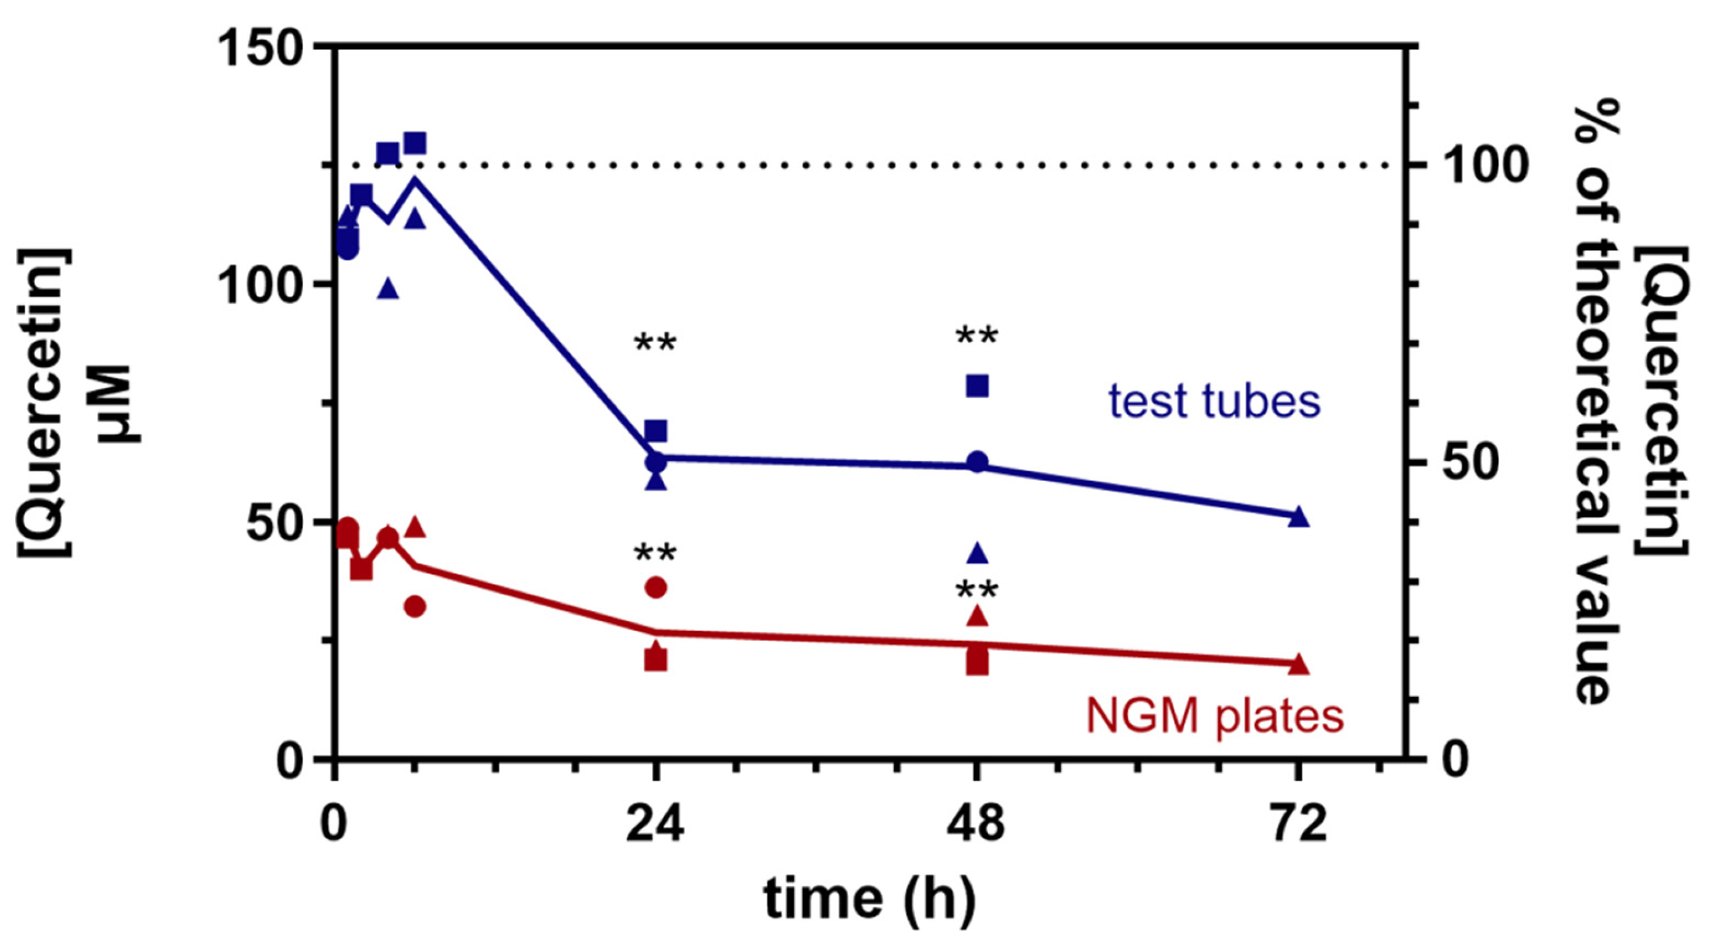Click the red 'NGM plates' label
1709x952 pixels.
click(x=1215, y=716)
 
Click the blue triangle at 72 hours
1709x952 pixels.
click(x=1299, y=516)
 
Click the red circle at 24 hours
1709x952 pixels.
click(x=655, y=587)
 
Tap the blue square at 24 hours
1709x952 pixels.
click(x=655, y=430)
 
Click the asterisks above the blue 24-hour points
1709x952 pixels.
click(x=655, y=344)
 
